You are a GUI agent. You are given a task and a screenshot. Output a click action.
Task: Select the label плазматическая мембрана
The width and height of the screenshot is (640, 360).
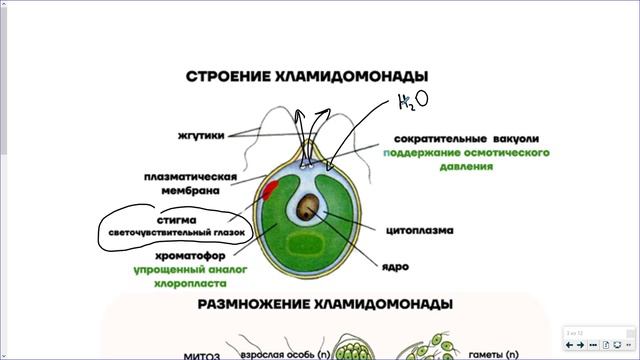190,185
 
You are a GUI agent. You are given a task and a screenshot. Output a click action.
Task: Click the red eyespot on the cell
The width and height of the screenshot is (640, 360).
270,189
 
